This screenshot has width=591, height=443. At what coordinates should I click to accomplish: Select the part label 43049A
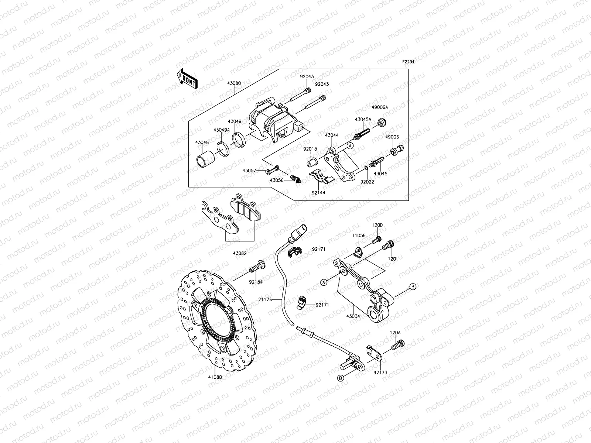pyautogui.click(x=221, y=130)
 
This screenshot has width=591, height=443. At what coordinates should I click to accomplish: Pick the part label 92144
pyautogui.click(x=318, y=192)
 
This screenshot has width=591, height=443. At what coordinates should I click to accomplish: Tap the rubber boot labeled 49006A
pyautogui.click(x=382, y=121)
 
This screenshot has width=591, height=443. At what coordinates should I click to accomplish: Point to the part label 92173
pyautogui.click(x=380, y=373)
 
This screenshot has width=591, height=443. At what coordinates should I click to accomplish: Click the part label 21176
pyautogui.click(x=265, y=300)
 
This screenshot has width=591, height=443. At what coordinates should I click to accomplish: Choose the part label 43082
pyautogui.click(x=239, y=253)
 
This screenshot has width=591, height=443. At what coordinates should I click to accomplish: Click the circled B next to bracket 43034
pyautogui.click(x=413, y=286)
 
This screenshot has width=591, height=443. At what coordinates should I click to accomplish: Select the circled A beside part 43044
pyautogui.click(x=351, y=146)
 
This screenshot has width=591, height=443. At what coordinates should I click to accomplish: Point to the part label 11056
pyautogui.click(x=359, y=235)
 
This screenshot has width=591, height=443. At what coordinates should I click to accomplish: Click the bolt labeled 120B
pyautogui.click(x=377, y=240)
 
